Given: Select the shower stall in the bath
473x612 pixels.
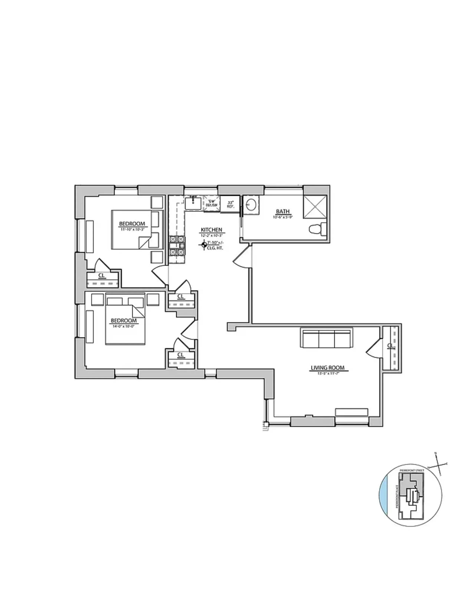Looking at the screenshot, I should point(315,207).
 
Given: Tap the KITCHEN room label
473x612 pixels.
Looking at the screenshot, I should point(211,230).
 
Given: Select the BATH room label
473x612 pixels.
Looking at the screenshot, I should point(283,212).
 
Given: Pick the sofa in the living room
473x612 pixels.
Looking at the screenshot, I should point(327,338).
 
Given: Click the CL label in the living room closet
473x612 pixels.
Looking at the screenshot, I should point(390,346).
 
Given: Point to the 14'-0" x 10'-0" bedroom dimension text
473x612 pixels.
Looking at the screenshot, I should point(124,326).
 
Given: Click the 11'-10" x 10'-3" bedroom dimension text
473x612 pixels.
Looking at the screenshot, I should point(132,229).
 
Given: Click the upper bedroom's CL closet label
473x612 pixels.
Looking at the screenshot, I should point(101,275).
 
